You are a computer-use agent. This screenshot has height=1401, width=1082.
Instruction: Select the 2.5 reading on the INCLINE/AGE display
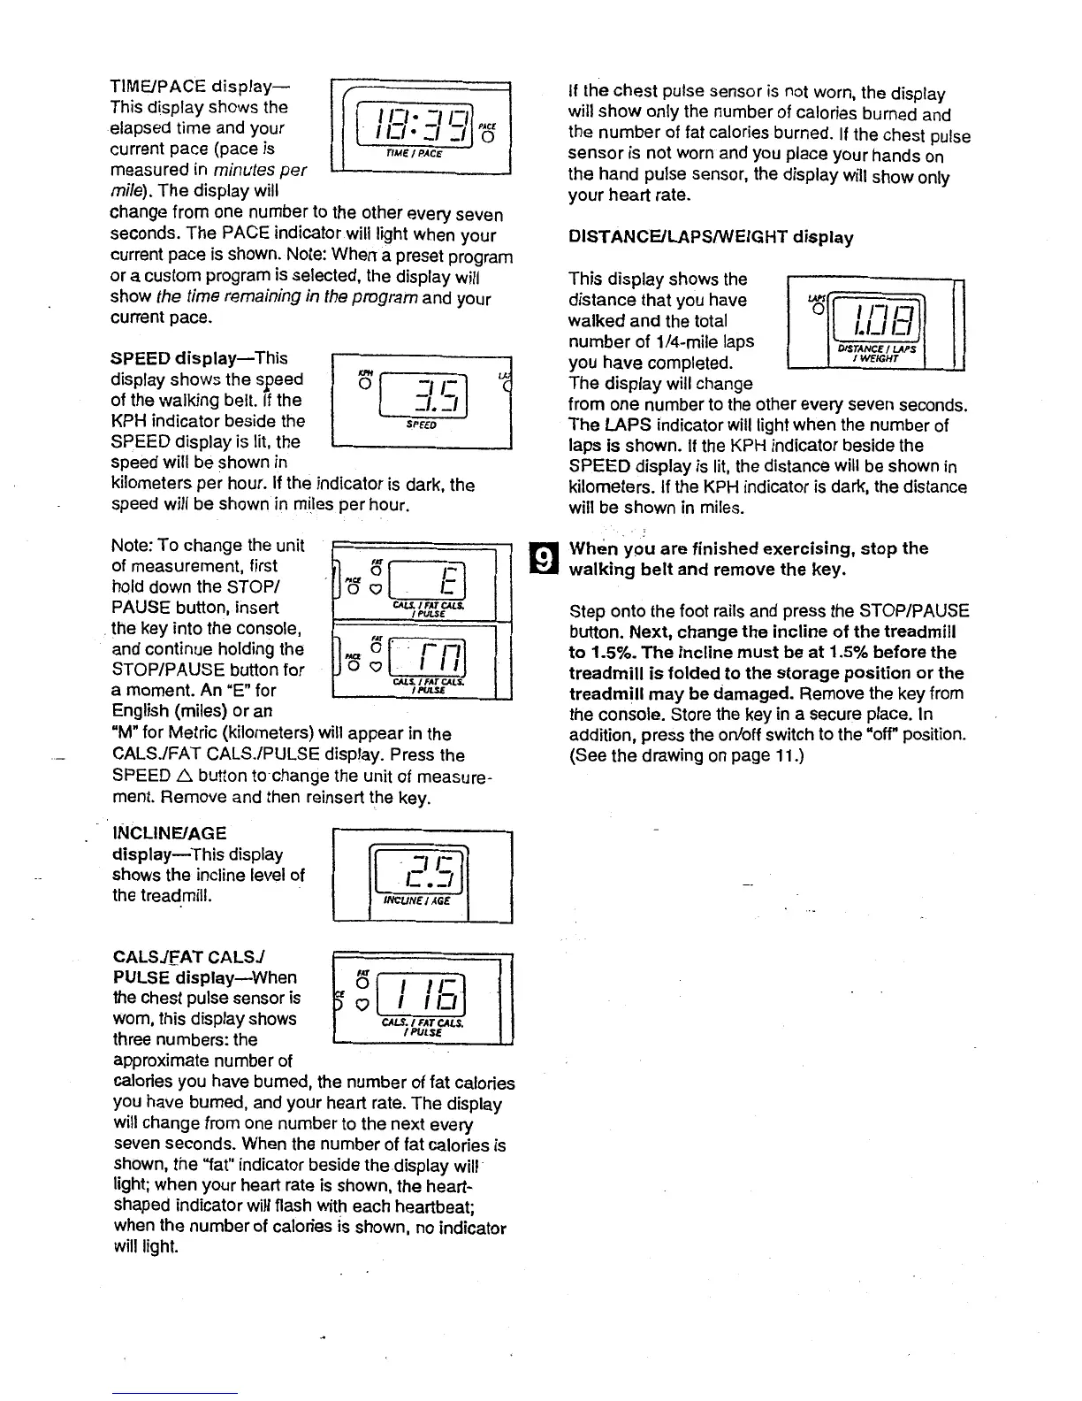(x=423, y=871)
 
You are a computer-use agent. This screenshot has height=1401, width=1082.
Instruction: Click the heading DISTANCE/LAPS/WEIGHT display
(x=711, y=237)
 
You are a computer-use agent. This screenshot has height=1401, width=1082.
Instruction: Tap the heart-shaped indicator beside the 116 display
(x=362, y=1005)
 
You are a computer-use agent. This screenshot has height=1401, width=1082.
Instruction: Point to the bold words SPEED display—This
(x=200, y=358)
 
